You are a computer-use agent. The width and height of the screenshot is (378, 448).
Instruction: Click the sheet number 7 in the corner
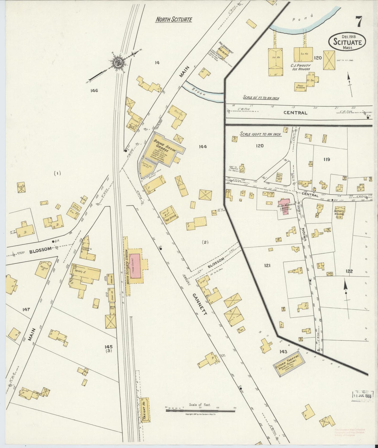[359, 22]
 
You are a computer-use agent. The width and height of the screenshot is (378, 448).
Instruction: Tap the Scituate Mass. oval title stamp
[347, 42]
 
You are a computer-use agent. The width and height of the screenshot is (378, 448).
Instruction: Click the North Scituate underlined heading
[174, 19]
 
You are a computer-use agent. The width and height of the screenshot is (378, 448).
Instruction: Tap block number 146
[94, 91]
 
